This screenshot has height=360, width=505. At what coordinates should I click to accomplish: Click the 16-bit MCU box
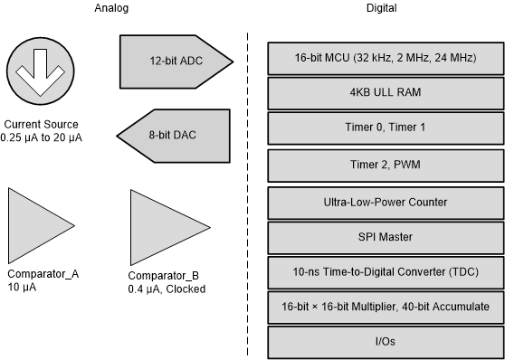click(385, 58)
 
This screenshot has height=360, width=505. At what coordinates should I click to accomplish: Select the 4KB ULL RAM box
click(385, 93)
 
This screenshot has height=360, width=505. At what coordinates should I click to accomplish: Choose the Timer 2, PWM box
click(385, 166)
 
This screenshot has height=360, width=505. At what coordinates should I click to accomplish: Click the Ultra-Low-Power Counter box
click(385, 202)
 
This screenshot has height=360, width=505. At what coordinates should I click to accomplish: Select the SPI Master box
click(385, 237)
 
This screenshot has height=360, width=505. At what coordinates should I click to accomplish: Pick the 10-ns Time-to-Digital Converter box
click(385, 272)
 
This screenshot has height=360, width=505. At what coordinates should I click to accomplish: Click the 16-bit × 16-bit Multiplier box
click(385, 308)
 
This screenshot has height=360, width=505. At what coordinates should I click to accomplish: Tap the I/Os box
click(385, 342)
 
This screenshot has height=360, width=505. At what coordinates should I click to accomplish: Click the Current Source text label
click(42, 124)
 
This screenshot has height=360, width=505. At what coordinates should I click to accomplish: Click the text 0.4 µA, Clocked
click(167, 289)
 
